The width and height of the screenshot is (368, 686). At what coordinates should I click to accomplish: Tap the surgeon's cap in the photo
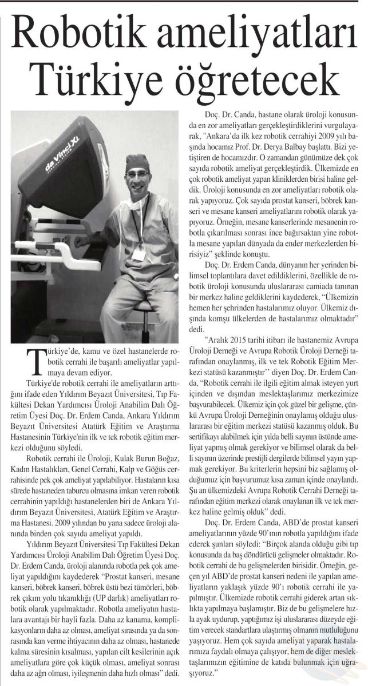[137, 162]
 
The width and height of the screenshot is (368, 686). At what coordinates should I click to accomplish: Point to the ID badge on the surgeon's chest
[139, 253]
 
